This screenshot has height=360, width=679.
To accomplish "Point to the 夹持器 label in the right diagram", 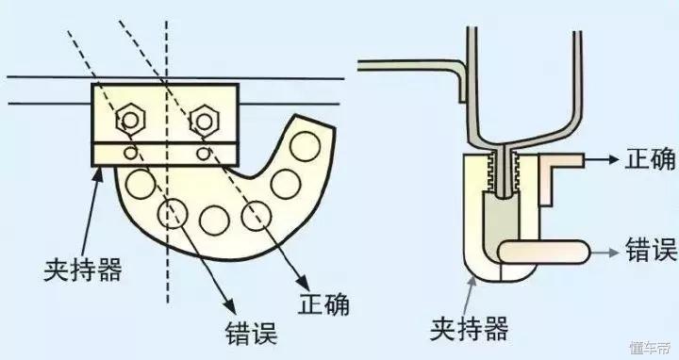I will click(470, 328).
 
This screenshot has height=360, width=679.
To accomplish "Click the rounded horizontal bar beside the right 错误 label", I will click(545, 252).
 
